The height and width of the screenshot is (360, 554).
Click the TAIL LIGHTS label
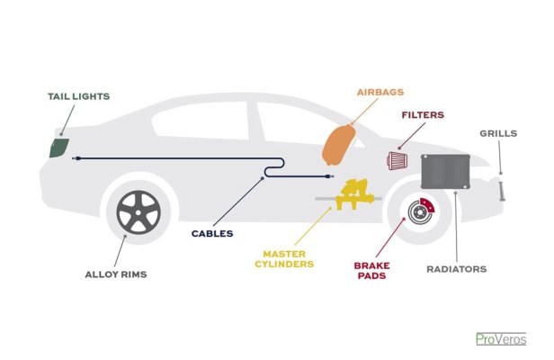pyautogui.click(x=79, y=96)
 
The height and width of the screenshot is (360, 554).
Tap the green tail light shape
pyautogui.click(x=58, y=148)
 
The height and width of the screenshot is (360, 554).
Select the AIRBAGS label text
pyautogui.click(x=380, y=92)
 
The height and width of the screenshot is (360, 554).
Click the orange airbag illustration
pyautogui.click(x=338, y=145)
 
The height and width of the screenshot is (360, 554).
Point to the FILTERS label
pyautogui.click(x=423, y=115)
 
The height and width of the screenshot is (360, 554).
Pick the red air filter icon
pyautogui.click(x=398, y=160)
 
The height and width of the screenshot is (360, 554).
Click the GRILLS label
pyautogui.click(x=498, y=133)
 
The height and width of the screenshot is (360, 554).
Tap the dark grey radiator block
pyautogui.click(x=445, y=172)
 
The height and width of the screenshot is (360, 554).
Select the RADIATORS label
pyautogui.click(x=457, y=269)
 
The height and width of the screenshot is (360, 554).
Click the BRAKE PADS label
pyautogui.click(x=371, y=271)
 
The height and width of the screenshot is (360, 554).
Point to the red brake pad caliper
pyautogui.click(x=427, y=205)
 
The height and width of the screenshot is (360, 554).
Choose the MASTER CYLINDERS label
pyautogui.click(x=284, y=259)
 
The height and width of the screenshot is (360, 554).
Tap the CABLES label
pyautogui.click(x=212, y=233)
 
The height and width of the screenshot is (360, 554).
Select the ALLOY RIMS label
pyautogui.click(x=116, y=274)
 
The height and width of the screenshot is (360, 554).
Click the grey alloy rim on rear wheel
pyautogui.click(x=138, y=212)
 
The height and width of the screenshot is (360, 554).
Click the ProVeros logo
pyautogui.click(x=501, y=339)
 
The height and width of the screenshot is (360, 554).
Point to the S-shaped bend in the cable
pyautogui.click(x=274, y=167)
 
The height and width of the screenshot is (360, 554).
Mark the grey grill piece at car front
pyautogui.click(x=501, y=192)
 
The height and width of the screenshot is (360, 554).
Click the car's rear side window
pyautogui.click(x=201, y=121)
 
